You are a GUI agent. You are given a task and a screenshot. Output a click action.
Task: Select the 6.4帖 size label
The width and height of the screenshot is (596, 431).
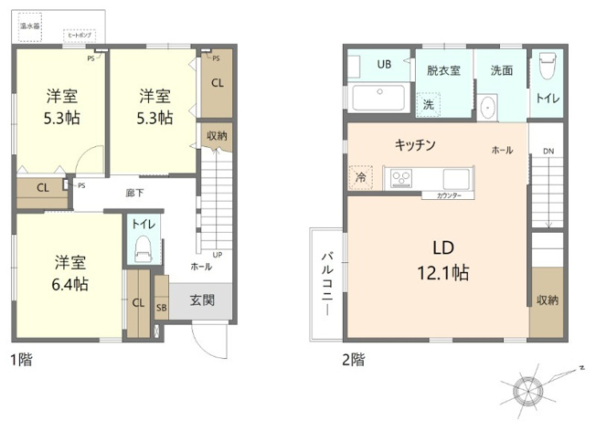click(x=69, y=284)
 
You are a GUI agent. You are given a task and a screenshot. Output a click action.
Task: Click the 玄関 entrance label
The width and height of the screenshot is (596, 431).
click(x=202, y=300)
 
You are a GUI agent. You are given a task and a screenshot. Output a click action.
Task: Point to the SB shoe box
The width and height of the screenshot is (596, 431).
click(x=162, y=308)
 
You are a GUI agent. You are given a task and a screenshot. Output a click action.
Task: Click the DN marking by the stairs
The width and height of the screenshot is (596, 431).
click(x=548, y=152)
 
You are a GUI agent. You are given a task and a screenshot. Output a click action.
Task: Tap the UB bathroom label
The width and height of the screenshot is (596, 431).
click(x=385, y=64)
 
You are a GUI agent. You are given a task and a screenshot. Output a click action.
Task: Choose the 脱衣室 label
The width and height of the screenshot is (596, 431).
click(x=442, y=70)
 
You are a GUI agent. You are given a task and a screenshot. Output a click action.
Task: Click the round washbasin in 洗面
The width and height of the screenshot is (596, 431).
click(x=487, y=107)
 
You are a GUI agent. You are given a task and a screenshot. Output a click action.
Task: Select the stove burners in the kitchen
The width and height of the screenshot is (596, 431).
click(x=401, y=178)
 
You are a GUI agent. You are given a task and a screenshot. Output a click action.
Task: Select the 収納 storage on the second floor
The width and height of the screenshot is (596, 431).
click(x=547, y=300)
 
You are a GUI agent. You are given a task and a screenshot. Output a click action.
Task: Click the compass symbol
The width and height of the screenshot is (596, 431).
click(x=527, y=390)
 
